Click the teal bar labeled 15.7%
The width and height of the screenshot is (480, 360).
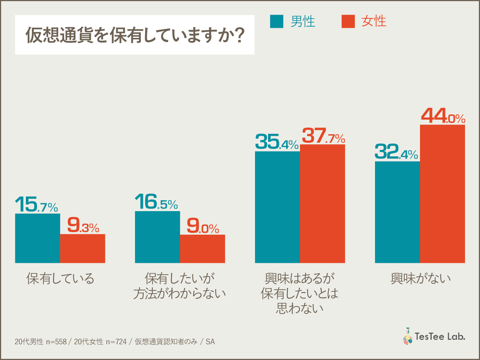click(x=37, y=238)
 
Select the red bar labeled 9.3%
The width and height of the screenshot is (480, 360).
click(x=82, y=248)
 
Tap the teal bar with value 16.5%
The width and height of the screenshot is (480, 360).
click(x=157, y=237)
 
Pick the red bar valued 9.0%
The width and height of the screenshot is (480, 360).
click(x=202, y=249)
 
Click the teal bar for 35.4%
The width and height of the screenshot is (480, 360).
click(x=277, y=207)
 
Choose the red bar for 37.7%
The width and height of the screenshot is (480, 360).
click(x=322, y=204)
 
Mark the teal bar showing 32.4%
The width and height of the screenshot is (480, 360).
click(x=397, y=212)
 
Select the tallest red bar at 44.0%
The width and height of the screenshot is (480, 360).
click(x=442, y=193)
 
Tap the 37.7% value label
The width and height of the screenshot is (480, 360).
click(x=323, y=136)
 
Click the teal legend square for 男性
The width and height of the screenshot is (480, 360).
click(x=277, y=21)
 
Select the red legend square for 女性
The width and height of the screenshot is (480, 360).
click(x=348, y=21)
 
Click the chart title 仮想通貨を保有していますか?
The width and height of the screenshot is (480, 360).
click(x=135, y=35)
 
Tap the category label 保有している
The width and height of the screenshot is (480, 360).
click(x=60, y=279)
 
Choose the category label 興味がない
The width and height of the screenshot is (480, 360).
click(x=420, y=279)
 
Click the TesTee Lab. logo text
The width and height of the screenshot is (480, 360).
click(x=439, y=336)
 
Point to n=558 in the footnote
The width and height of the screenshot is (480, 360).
click(x=56, y=342)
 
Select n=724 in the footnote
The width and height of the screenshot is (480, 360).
click(x=116, y=342)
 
